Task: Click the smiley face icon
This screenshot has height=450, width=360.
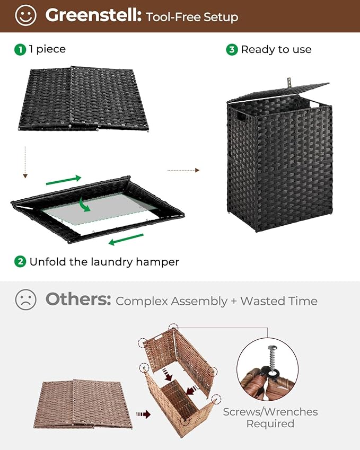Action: pyautogui.click(x=25, y=16)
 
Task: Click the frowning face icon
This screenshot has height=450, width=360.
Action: pyautogui.click(x=25, y=300)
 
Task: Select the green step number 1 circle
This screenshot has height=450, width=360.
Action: pyautogui.click(x=20, y=49)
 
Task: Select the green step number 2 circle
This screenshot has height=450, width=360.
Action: pyautogui.click(x=20, y=261)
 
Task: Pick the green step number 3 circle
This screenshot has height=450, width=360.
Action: pyautogui.click(x=231, y=49)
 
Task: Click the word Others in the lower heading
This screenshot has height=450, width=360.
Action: pyautogui.click(x=78, y=300)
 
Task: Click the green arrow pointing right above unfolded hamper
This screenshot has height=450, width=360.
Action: pyautogui.click(x=64, y=180)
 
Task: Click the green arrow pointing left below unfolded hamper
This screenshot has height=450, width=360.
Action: pyautogui.click(x=126, y=242)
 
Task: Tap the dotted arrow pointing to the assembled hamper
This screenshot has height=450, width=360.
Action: pyautogui.click(x=183, y=170)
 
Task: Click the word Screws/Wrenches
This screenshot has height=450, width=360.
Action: pyautogui.click(x=270, y=412)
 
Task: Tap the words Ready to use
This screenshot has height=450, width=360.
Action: pyautogui.click(x=276, y=49)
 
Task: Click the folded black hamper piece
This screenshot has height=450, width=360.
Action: pyautogui.click(x=85, y=98)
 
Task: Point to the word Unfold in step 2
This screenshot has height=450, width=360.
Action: pyautogui.click(x=46, y=261)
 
